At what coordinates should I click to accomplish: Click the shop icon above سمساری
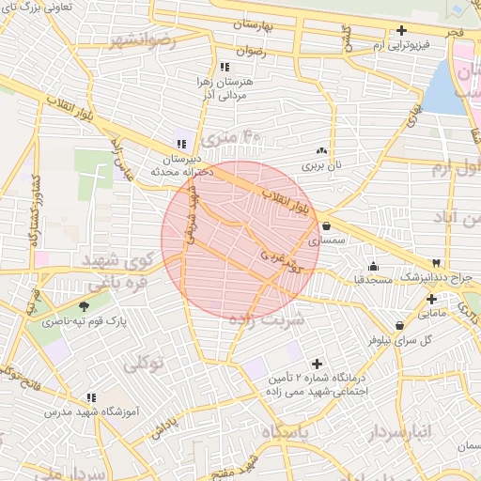click(325, 226)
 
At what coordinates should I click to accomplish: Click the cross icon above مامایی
click(431, 299)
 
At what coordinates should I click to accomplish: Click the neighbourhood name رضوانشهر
click(143, 40)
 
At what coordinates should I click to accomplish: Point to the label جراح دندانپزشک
click(435, 278)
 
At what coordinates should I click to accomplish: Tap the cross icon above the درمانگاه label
click(316, 363)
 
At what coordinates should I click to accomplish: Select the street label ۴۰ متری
click(239, 136)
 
